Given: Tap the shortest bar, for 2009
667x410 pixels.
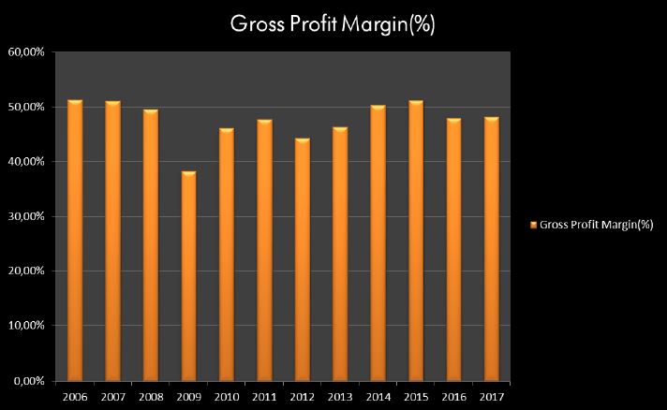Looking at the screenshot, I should click(188, 276).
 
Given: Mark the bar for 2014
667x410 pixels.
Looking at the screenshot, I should click(378, 243).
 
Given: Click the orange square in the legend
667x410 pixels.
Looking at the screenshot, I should click(534, 225).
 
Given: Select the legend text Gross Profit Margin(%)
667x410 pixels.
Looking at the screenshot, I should click(597, 225).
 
